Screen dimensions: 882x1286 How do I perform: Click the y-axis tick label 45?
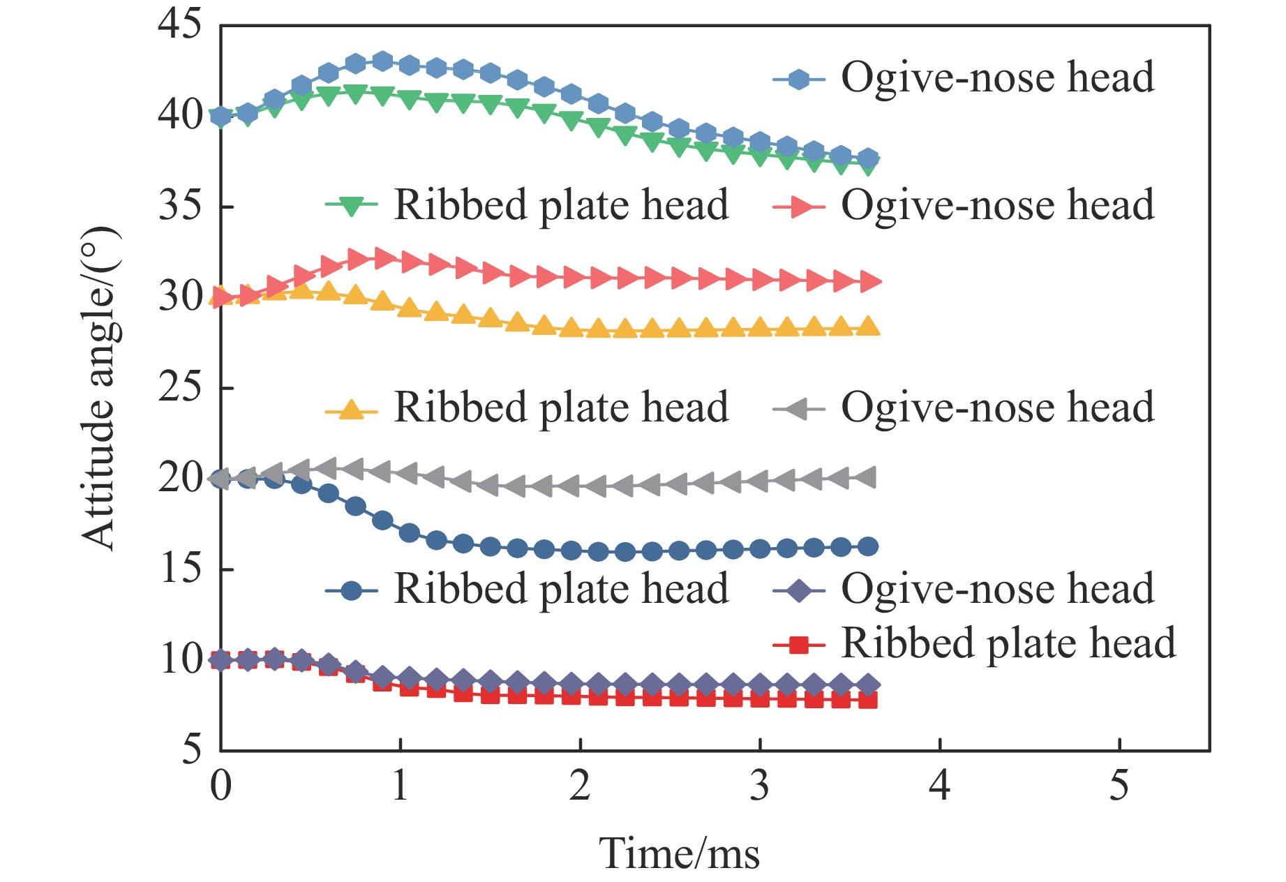coord(179,25)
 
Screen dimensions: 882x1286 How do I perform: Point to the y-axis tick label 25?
coord(179,387)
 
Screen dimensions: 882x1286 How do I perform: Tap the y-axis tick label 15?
coord(179,569)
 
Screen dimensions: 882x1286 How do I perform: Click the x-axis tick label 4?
coord(939,786)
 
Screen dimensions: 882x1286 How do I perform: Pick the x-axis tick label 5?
coord(1119,786)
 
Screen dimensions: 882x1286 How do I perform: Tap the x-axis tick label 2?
coord(580,786)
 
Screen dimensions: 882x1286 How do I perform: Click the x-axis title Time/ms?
coord(679,853)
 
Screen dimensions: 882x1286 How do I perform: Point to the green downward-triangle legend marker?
coord(352,206)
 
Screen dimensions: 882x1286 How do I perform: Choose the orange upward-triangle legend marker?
coord(352,410)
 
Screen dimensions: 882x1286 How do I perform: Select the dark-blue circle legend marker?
coord(352,591)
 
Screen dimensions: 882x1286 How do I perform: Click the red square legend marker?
coord(799,645)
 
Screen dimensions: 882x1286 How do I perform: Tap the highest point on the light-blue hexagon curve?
coord(382,61)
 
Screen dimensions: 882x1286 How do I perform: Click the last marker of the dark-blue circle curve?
coord(867,546)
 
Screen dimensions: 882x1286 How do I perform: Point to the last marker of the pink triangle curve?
coord(869,281)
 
